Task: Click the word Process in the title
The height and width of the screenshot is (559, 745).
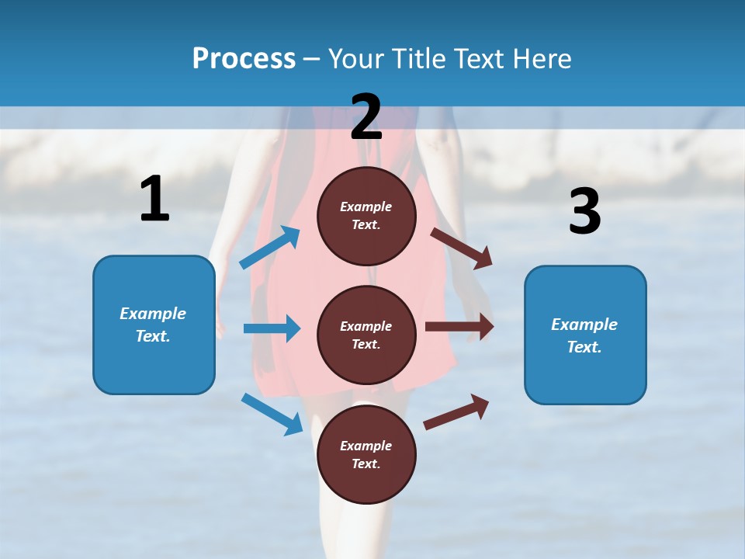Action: coord(244,59)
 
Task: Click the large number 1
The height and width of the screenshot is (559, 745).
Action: coord(154,200)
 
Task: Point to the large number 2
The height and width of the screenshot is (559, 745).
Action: coord(366,117)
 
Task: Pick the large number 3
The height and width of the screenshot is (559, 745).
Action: coord(584,212)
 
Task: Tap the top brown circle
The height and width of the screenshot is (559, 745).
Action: coord(366,216)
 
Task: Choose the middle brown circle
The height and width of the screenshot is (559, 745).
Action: coord(366,335)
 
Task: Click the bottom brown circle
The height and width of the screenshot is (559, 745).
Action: coord(366,454)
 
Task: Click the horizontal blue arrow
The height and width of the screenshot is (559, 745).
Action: coord(272,328)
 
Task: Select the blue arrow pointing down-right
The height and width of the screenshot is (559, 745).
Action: coord(272,413)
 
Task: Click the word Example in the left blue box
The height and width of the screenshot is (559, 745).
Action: coord(153,314)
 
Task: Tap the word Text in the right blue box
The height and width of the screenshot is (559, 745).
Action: coord(583,347)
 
